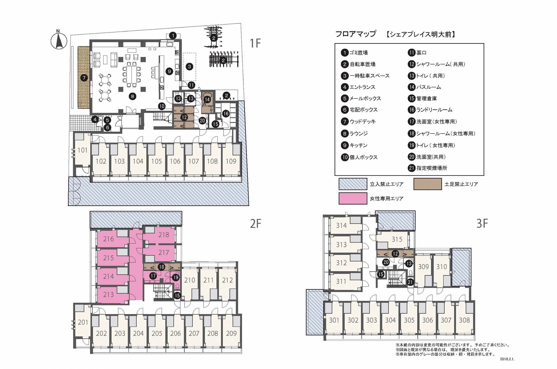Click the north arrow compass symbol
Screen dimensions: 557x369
(x=59, y=41)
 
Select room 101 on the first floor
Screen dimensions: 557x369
(x=82, y=150)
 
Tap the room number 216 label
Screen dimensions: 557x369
(x=108, y=239)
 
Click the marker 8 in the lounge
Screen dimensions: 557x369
(x=133, y=96)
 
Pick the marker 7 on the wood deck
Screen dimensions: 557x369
(x=84, y=78)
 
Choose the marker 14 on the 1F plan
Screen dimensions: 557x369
(x=207, y=99)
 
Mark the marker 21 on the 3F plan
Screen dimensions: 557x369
(x=410, y=282)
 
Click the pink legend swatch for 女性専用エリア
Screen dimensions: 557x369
(x=353, y=199)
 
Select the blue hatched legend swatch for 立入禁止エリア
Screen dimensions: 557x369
(x=353, y=184)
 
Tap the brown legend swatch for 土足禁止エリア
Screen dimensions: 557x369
(x=427, y=184)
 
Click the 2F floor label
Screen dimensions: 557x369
(x=255, y=224)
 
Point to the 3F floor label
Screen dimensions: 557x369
(x=482, y=224)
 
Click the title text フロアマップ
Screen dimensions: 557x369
(x=356, y=34)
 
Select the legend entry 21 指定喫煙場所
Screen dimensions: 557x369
(x=428, y=168)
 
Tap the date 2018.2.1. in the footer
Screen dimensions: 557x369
(x=507, y=359)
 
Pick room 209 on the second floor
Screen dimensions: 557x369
(x=231, y=333)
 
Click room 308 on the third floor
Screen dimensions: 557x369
(x=464, y=320)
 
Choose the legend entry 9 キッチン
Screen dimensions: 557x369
(x=354, y=145)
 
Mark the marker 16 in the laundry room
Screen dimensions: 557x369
(x=226, y=114)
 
